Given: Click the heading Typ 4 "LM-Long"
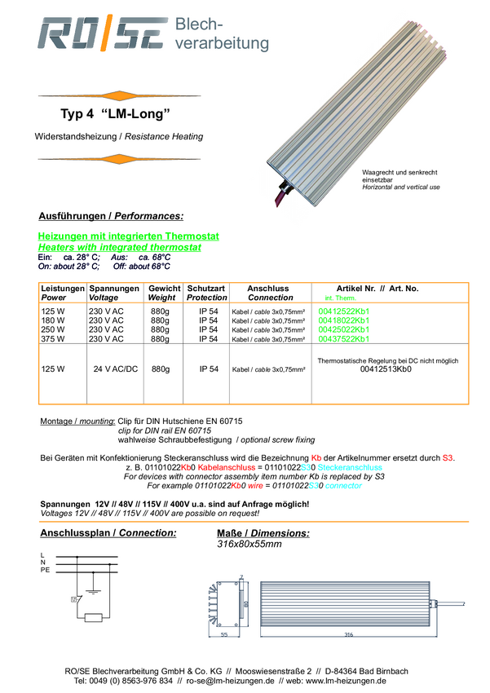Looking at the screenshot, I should tap(115, 113).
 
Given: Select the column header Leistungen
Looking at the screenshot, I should tap(63, 289).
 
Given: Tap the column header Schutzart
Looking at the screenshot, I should tap(206, 289).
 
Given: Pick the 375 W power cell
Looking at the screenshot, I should tap(53, 339).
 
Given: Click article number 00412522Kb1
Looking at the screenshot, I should tap(344, 311).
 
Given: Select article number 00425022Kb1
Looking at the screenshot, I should tap(344, 330).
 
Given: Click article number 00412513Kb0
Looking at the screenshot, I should tap(386, 369).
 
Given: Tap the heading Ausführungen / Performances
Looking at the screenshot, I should tap(111, 216).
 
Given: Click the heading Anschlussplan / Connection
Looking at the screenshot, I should tap(108, 533).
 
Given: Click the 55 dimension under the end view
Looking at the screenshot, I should tap(223, 633).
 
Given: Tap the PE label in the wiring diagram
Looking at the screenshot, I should tap(45, 570).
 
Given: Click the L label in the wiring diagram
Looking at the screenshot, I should tap(42, 556).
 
